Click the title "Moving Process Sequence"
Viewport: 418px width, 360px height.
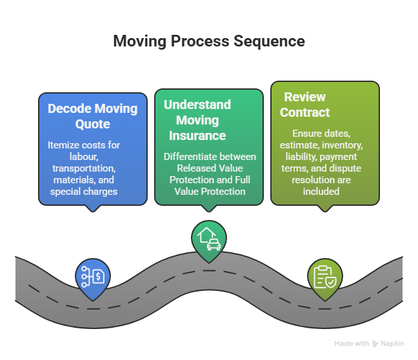pos(209,41)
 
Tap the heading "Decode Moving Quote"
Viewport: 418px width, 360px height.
pos(93,116)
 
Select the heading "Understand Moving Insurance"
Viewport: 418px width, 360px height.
pos(197,120)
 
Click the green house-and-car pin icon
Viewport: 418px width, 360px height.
pos(208,241)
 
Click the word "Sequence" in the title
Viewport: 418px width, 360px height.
pos(270,41)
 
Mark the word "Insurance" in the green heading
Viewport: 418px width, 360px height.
pos(197,135)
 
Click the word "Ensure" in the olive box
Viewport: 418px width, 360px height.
pos(302,133)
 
